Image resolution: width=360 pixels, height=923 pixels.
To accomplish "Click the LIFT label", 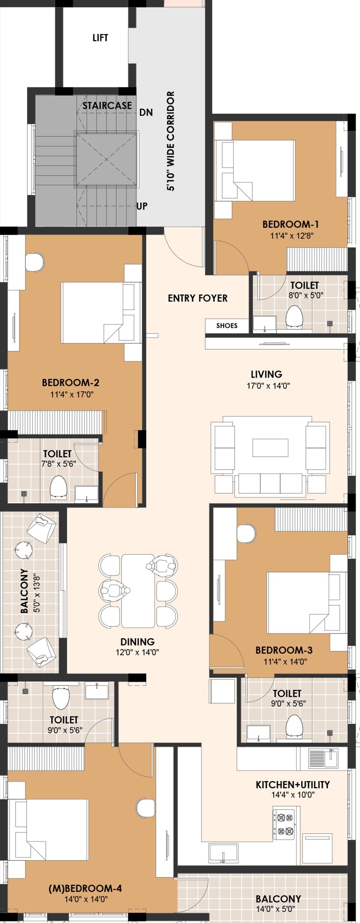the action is point(100,38).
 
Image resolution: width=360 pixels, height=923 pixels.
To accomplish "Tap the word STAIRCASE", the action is point(108,105).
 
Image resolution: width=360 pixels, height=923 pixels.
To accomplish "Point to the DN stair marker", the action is point(146,113).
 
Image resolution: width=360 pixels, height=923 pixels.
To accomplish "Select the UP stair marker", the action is point(142,206).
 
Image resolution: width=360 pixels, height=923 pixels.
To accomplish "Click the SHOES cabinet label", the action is point(227,325).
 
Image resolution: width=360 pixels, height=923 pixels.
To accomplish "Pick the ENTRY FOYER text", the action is point(198,298).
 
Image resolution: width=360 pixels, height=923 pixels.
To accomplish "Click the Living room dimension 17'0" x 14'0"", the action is point(268,386).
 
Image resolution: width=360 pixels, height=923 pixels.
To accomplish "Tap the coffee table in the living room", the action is point(270,448).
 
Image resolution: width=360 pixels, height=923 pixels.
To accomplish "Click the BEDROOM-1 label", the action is point(291,224).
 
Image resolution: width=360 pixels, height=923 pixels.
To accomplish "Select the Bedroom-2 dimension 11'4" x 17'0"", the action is point(72,395).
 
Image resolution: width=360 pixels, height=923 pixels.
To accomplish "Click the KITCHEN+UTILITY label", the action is point(293,785).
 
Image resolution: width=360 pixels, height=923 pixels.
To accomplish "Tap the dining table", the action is point(138,591).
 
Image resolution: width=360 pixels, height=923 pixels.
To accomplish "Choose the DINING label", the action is point(138,642).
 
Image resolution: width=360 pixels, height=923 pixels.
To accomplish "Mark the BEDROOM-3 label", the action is point(284,650).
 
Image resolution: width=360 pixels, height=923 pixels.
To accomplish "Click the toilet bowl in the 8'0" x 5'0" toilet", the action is point(295,316).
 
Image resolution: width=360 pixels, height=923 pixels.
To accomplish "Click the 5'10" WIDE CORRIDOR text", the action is point(171,141).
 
